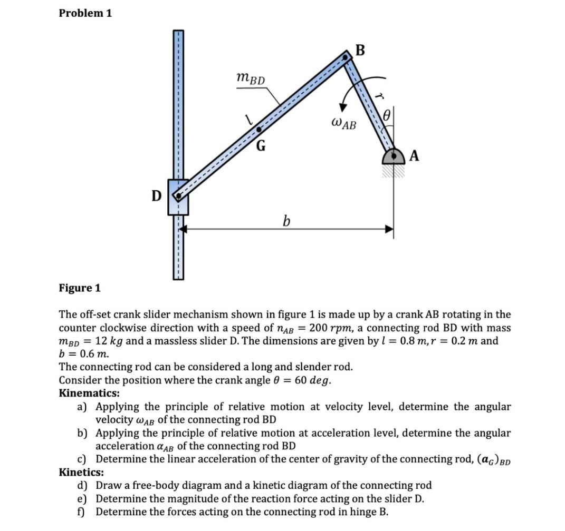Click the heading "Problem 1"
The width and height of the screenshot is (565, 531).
[85, 14]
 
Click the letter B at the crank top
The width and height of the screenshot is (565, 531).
[360, 51]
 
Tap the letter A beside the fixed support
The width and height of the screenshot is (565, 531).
[415, 155]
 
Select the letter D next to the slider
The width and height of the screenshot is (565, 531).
[156, 196]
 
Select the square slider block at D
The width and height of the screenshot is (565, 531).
[178, 196]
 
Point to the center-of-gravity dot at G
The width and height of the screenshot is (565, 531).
[258, 129]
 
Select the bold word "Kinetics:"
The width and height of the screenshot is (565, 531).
[81, 472]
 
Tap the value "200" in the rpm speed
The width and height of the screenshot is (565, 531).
[320, 328]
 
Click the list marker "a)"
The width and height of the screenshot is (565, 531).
[82, 407]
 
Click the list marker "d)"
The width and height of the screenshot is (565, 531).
[82, 485]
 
